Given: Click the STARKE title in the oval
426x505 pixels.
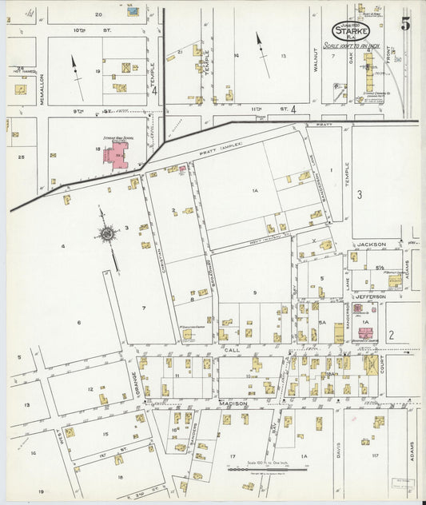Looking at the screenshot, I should point(351,30).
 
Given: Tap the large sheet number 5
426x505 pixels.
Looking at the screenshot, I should point(406,23).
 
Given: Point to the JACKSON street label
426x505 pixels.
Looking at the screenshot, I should point(371,244).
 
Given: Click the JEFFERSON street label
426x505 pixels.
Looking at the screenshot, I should point(370,296).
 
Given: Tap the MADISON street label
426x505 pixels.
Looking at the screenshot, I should point(233,404).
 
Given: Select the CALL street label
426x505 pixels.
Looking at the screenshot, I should point(232,350).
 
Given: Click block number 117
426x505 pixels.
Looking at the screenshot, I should point(373,455).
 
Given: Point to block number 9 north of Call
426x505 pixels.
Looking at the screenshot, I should point(254,293).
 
